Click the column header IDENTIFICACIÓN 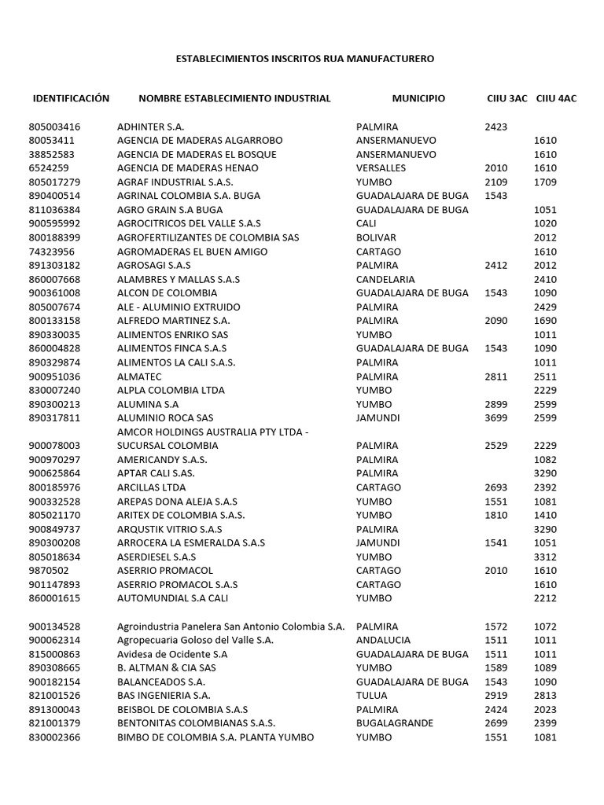click(71, 98)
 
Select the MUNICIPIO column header click(418, 98)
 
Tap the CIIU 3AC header click(507, 98)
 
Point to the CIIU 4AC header click(556, 98)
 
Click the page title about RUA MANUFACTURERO click(304, 58)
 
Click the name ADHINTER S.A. click(151, 127)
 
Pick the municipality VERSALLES click(381, 168)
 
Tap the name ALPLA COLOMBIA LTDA click(171, 390)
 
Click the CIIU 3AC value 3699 click(496, 417)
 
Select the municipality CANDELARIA click(387, 279)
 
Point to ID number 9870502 click(48, 571)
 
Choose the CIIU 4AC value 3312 click(545, 557)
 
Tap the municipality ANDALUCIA click(383, 641)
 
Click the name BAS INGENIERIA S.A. click(164, 696)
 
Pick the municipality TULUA click(371, 696)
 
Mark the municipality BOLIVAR click(376, 237)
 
